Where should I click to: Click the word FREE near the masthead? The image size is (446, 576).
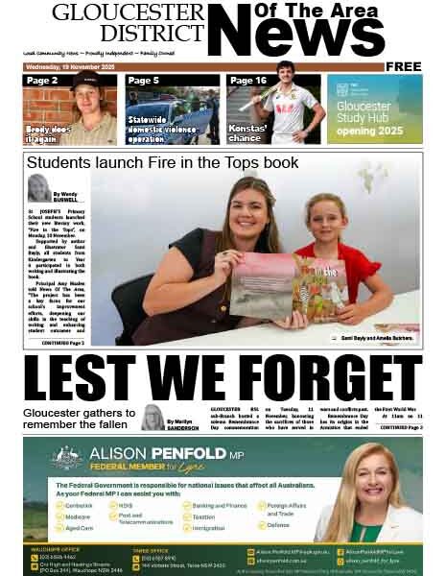[404, 66]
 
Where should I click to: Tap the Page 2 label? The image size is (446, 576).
[42, 81]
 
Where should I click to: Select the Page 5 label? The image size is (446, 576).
[143, 81]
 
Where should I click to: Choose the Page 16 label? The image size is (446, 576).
[247, 81]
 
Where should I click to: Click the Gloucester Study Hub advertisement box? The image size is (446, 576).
[374, 109]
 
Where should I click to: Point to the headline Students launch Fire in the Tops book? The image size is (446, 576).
[163, 163]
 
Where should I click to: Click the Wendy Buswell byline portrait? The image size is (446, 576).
[39, 188]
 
